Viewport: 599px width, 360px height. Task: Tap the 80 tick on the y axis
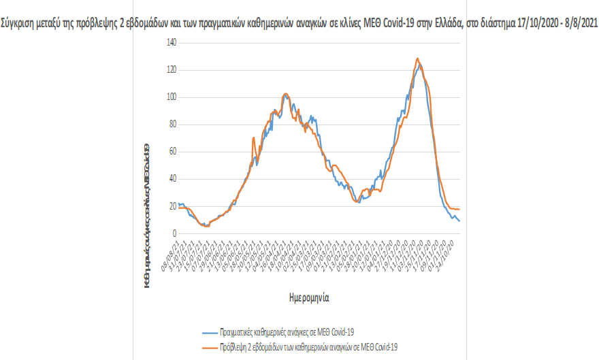point(172,124)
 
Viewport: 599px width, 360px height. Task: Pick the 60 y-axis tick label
point(172,151)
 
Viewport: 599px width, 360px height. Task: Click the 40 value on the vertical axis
point(172,179)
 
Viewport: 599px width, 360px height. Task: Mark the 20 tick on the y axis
point(172,206)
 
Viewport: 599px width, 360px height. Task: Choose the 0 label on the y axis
point(174,233)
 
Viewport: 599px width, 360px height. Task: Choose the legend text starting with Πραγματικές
point(287,332)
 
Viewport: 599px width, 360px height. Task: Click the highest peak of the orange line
point(417,59)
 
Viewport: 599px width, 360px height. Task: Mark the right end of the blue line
point(459,220)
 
